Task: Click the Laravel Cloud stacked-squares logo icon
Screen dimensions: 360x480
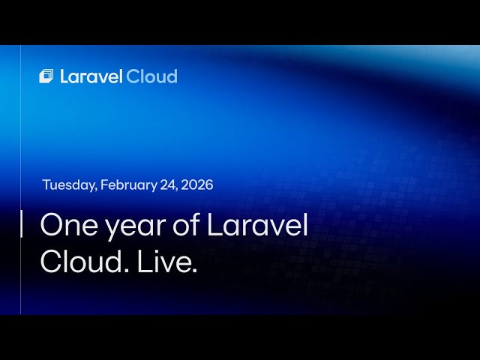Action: coord(46,76)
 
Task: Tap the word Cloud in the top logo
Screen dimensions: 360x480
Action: coord(151,76)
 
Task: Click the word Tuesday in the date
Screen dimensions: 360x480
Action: coord(68,185)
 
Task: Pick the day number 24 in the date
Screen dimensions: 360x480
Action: coord(168,185)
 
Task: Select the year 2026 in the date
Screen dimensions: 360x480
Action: coord(197,185)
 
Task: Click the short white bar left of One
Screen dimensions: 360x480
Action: coord(21,224)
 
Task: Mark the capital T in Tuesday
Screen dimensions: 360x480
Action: coord(46,185)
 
